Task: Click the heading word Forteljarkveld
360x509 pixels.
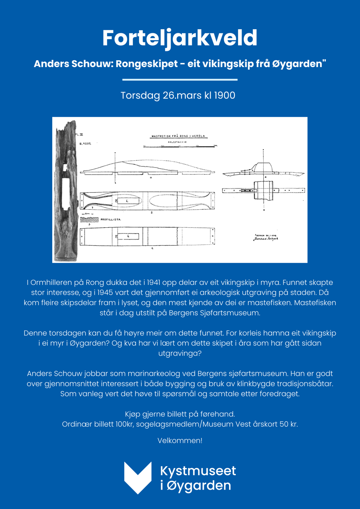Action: pyautogui.click(x=180, y=38)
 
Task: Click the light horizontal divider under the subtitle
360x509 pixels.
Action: pyautogui.click(x=180, y=80)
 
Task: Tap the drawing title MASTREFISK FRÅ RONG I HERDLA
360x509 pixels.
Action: pyautogui.click(x=178, y=135)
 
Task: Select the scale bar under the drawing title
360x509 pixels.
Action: pyautogui.click(x=180, y=146)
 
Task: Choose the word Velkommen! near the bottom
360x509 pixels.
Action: pyautogui.click(x=180, y=441)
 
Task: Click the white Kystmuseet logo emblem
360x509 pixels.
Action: pyautogui.click(x=138, y=477)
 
